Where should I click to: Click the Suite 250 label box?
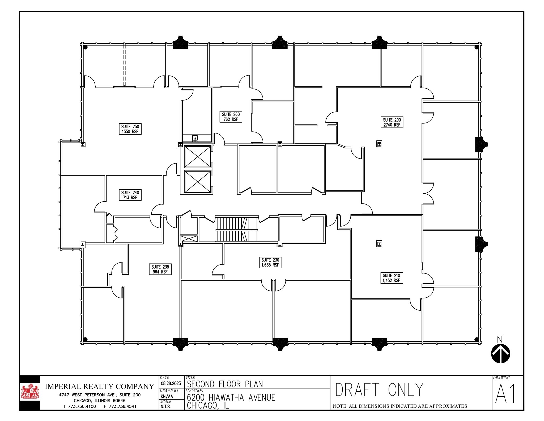pyautogui.click(x=130, y=129)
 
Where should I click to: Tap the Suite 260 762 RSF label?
pyautogui.click(x=231, y=117)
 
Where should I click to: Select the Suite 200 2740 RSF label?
pyautogui.click(x=392, y=122)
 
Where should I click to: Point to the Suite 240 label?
pyautogui.click(x=130, y=195)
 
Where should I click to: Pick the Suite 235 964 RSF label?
pyautogui.click(x=160, y=269)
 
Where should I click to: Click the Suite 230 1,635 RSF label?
pyautogui.click(x=270, y=262)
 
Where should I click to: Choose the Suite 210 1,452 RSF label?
pyautogui.click(x=391, y=278)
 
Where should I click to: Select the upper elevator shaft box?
pyautogui.click(x=197, y=157)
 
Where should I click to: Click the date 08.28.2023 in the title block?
pyautogui.click(x=171, y=383)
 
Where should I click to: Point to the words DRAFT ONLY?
pyautogui.click(x=379, y=390)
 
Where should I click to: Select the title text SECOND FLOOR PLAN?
pyautogui.click(x=225, y=384)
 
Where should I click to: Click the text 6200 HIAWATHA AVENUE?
pyautogui.click(x=231, y=397)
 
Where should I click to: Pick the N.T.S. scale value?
pyautogui.click(x=165, y=407)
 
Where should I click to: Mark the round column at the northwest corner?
pyautogui.click(x=85, y=47)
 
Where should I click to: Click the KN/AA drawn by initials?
pyautogui.click(x=167, y=396)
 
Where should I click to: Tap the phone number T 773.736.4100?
pyautogui.click(x=79, y=406)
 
